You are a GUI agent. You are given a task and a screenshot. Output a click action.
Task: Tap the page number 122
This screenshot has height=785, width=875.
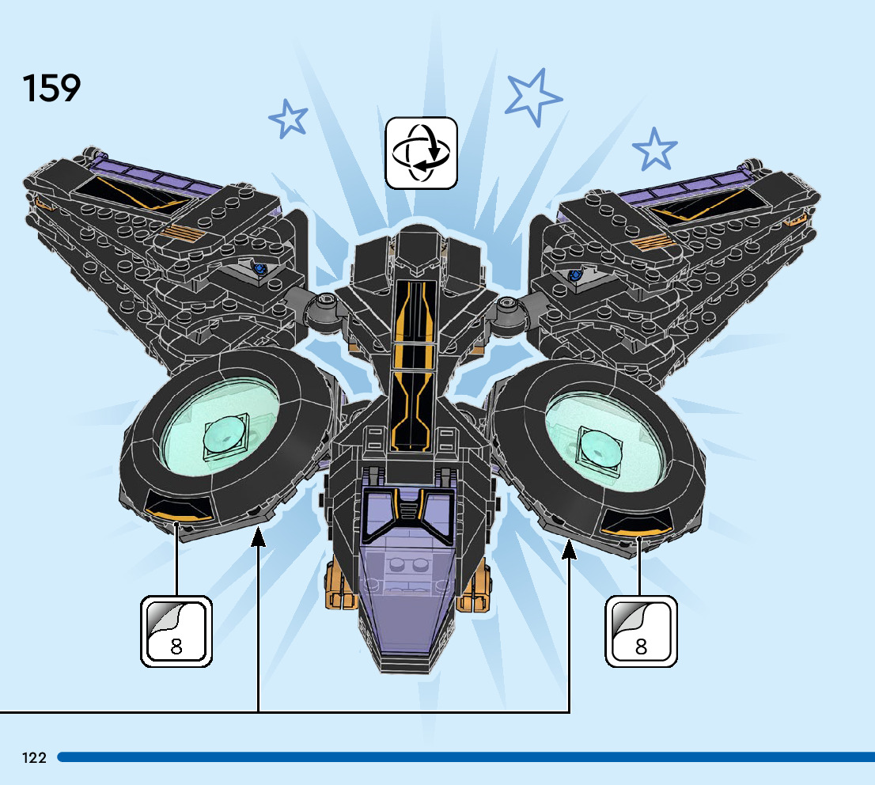34,757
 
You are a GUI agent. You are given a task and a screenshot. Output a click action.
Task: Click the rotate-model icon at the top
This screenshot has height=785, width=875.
421,153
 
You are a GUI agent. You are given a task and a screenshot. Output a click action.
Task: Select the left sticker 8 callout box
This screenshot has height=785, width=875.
176,631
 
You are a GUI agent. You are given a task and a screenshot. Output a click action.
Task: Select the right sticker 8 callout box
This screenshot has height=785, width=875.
641,631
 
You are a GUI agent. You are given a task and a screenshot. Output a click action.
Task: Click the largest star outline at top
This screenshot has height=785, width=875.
533,96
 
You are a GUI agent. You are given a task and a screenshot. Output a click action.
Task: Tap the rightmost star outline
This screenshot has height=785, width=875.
654,149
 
